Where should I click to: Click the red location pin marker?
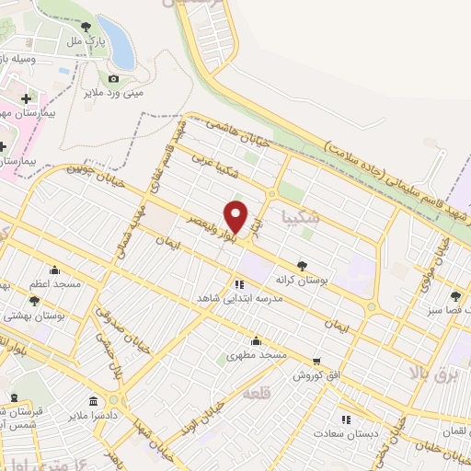click(x=236, y=217)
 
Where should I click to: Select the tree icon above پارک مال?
click(x=86, y=27)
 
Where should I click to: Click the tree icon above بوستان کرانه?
click(x=302, y=264)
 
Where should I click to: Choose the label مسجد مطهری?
click(x=258, y=354)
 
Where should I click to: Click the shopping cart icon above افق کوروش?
click(x=317, y=362)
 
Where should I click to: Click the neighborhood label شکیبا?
click(x=304, y=218)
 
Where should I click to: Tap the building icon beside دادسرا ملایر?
click(x=93, y=401)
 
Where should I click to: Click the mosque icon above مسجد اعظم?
click(x=54, y=270)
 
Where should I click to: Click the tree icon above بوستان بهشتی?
click(x=34, y=301)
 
